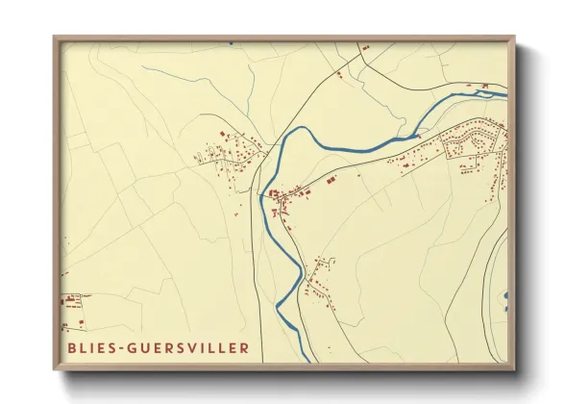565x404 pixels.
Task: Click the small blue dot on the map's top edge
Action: pos(231,42)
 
